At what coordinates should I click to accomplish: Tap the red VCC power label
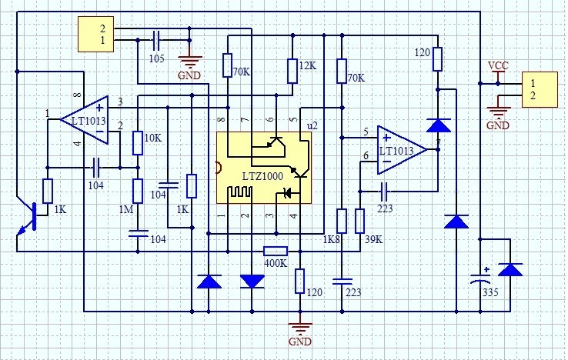tap(497, 65)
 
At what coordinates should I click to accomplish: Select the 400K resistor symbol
tap(276, 251)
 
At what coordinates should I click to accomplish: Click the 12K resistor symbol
tap(292, 71)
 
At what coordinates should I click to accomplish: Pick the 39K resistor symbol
tap(359, 221)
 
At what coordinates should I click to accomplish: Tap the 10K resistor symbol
tap(138, 143)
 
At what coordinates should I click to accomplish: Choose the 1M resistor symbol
tap(138, 191)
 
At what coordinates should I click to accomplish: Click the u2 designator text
tap(312, 125)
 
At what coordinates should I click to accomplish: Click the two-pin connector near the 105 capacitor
tap(95, 34)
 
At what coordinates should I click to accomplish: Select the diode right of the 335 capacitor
tap(510, 269)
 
